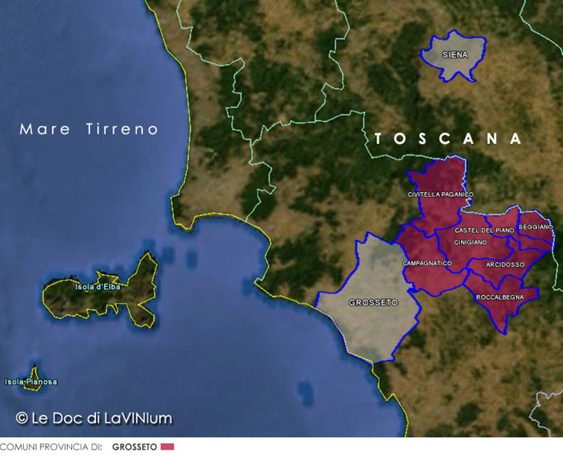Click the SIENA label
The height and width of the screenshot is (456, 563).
[x=455, y=55]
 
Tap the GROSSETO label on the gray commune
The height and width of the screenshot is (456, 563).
[x=373, y=303]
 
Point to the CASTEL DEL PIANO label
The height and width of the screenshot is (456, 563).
[x=484, y=230]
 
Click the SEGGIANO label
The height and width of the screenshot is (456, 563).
[x=536, y=227]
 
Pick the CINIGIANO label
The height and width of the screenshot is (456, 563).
[x=471, y=243]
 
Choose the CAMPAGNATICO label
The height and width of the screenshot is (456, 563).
[x=427, y=263]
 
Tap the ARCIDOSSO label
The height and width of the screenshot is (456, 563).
[x=505, y=264]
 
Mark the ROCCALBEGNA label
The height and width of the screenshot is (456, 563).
[x=499, y=297]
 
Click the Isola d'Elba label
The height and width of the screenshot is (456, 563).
[x=97, y=287]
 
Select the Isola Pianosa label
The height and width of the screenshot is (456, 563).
[x=30, y=382]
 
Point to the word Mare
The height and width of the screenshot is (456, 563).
[x=45, y=129]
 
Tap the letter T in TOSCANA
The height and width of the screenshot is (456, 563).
[x=380, y=139]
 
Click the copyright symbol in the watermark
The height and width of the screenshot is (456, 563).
[x=22, y=418]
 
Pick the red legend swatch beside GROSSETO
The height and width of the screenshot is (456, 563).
[x=167, y=447]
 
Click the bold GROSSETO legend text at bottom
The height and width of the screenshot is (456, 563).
[x=134, y=447]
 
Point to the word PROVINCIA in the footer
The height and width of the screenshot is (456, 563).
[x=62, y=447]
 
